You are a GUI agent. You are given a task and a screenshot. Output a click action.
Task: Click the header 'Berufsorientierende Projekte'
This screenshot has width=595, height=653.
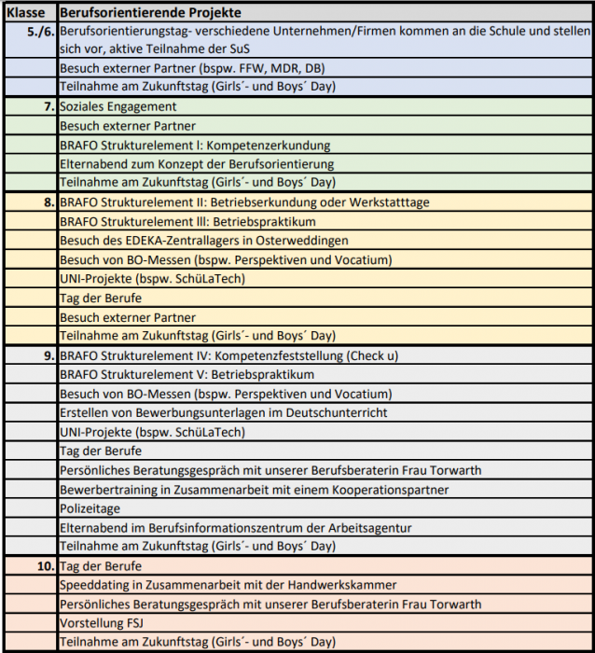pyautogui.click(x=150, y=13)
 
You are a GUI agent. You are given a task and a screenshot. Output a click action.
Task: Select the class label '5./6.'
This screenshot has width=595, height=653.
pyautogui.click(x=40, y=32)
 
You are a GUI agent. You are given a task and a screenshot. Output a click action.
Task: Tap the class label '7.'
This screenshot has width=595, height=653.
pyautogui.click(x=48, y=107)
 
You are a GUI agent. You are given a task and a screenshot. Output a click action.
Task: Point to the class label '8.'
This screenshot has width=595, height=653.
pyautogui.click(x=48, y=202)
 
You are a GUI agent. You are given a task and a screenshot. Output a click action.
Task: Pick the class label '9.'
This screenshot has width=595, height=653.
pyautogui.click(x=48, y=355)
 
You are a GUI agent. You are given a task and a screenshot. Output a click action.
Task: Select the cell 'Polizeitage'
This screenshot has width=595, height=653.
pyautogui.click(x=90, y=508)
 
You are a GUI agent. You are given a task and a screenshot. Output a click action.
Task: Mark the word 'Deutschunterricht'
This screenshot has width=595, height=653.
pyautogui.click(x=331, y=412)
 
